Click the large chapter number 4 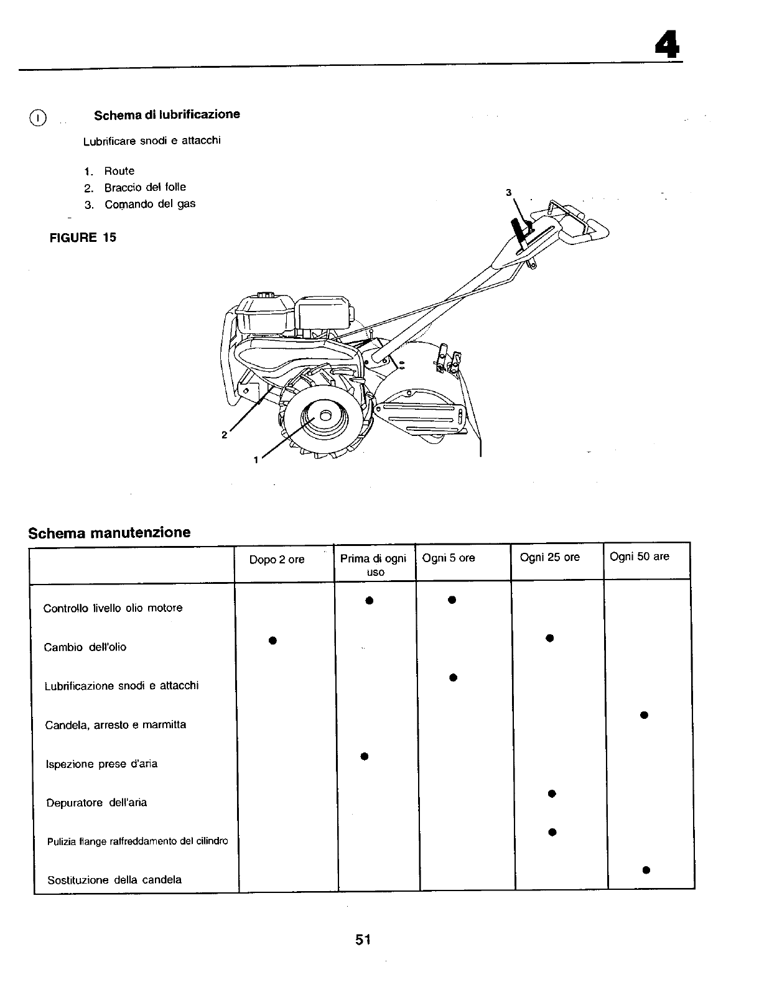coord(666,44)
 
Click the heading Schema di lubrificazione coord(167,114)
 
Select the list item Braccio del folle coord(144,187)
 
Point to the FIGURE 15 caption coord(83,237)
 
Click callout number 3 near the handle coord(508,193)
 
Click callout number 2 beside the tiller coord(224,435)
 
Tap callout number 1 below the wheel coord(255,460)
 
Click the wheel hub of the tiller coord(324,416)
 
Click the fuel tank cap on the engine coord(265,294)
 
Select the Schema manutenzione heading coord(109,532)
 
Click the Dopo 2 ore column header coord(277,560)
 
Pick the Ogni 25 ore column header coord(549,557)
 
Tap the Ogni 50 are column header coord(640,557)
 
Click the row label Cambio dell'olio coord(85,647)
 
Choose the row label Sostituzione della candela coord(114,880)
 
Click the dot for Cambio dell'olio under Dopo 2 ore coord(272,640)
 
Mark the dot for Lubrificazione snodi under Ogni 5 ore coord(453,677)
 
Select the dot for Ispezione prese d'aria coord(365,756)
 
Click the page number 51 coord(363,940)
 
